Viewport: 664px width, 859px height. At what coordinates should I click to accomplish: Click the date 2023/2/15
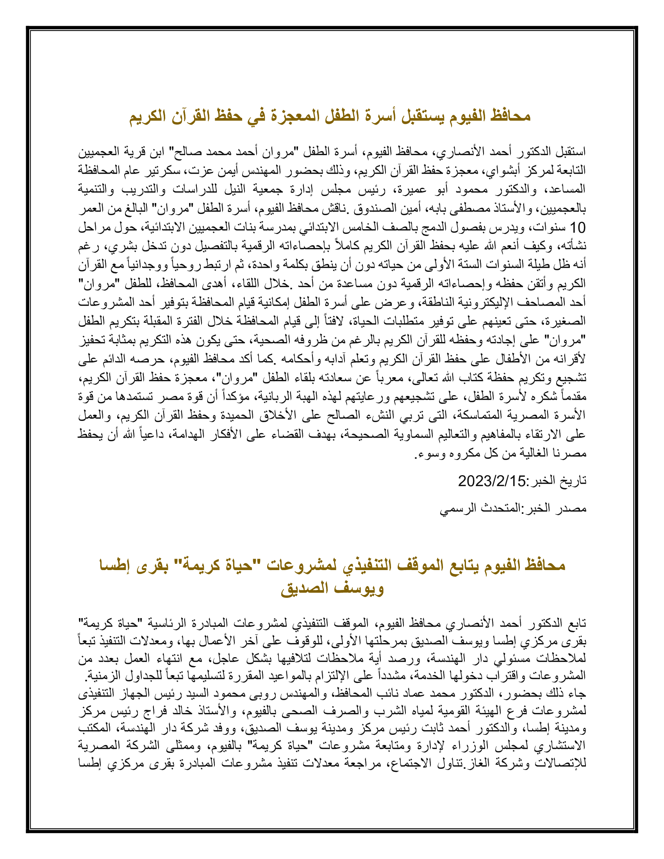pyautogui.click(x=491, y=481)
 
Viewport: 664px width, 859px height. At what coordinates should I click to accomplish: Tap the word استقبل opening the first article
pyautogui.click(x=569, y=151)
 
